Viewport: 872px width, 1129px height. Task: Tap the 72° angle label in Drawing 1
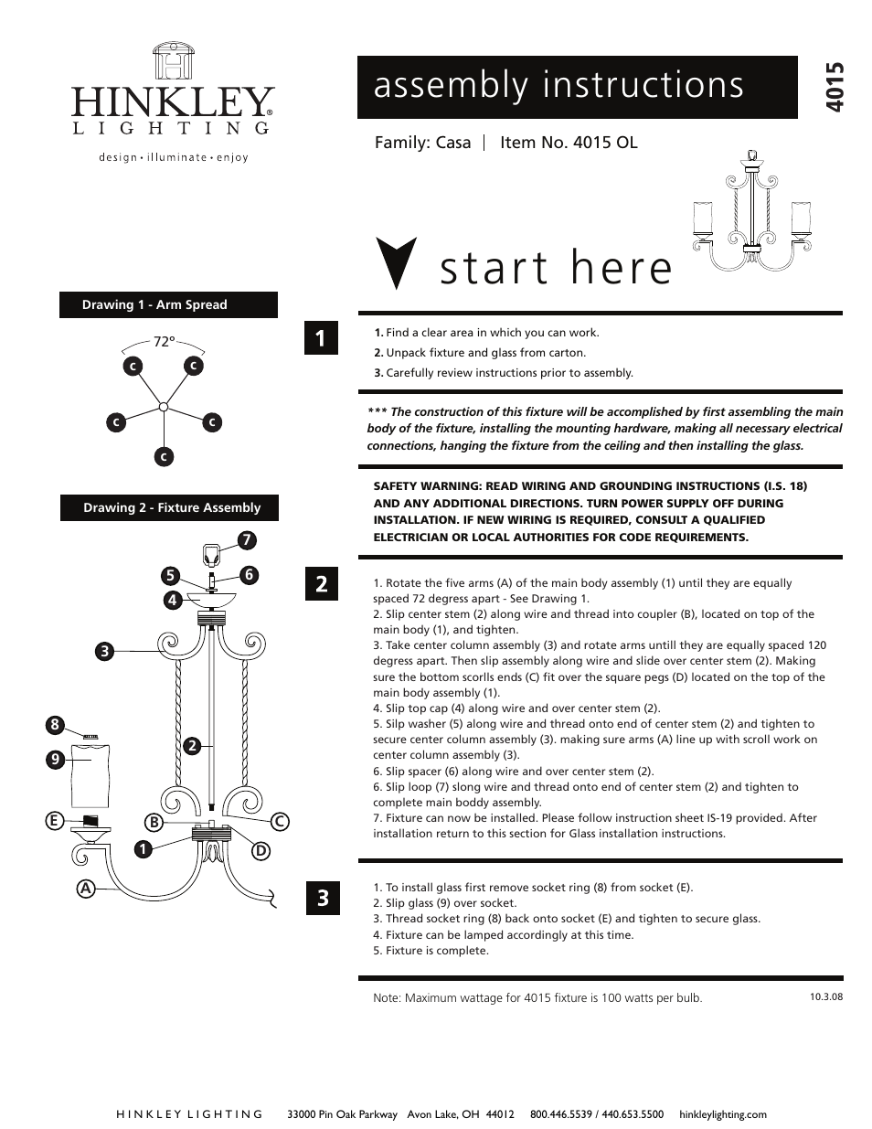tap(164, 341)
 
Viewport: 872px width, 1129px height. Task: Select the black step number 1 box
tap(321, 338)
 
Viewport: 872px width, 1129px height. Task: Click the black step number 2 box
tap(321, 583)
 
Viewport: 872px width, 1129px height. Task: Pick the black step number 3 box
tap(323, 898)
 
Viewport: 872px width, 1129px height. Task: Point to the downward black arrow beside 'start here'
tap(398, 263)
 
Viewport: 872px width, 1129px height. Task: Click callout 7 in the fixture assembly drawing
tap(246, 540)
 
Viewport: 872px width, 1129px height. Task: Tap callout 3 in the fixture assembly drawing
tap(105, 651)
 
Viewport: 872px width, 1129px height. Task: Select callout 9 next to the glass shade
tap(55, 759)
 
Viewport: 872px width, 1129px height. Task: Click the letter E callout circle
tap(55, 821)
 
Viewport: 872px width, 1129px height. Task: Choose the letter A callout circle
tap(86, 888)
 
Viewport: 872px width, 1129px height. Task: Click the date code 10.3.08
tap(825, 996)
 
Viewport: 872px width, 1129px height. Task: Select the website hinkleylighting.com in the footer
tap(722, 1114)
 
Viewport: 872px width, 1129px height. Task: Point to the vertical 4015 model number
tap(835, 88)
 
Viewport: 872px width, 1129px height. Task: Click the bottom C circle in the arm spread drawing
tap(164, 456)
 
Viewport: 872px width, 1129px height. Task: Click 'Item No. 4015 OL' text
tap(569, 143)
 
